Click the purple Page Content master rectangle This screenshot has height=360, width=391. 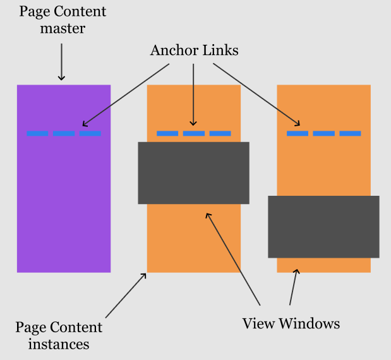(63, 202)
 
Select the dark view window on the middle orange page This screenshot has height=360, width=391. (193, 172)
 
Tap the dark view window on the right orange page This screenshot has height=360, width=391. (323, 226)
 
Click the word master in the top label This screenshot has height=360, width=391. (61, 28)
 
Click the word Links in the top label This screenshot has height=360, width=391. (219, 50)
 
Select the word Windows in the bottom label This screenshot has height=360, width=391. (310, 324)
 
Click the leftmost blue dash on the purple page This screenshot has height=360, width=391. (37, 133)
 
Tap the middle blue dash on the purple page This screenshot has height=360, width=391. (63, 133)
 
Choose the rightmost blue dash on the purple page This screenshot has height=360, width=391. (90, 133)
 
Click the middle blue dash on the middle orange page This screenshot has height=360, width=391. (193, 133)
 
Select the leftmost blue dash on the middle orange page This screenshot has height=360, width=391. (167, 133)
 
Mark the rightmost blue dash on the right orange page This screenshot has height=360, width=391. (350, 133)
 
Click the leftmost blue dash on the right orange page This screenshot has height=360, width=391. (298, 133)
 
